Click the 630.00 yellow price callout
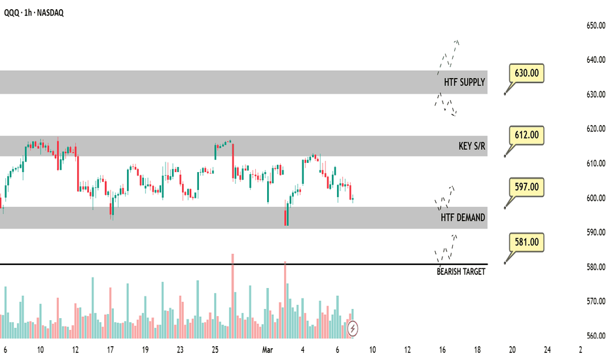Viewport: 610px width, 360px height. [526, 73]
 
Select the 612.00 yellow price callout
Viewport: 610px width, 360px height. [526, 135]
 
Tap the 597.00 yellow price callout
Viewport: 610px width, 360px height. [526, 187]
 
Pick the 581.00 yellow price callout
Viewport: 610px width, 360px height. [526, 242]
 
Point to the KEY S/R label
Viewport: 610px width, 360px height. [472, 146]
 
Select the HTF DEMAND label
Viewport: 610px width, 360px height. [463, 218]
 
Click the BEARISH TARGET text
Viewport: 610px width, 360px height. [461, 271]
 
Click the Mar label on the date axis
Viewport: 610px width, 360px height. [268, 350]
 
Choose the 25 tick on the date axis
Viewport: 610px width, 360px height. [215, 350]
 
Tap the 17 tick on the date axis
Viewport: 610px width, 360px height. [110, 350]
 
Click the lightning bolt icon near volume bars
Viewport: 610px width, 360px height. [353, 327]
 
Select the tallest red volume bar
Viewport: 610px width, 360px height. [232, 295]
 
